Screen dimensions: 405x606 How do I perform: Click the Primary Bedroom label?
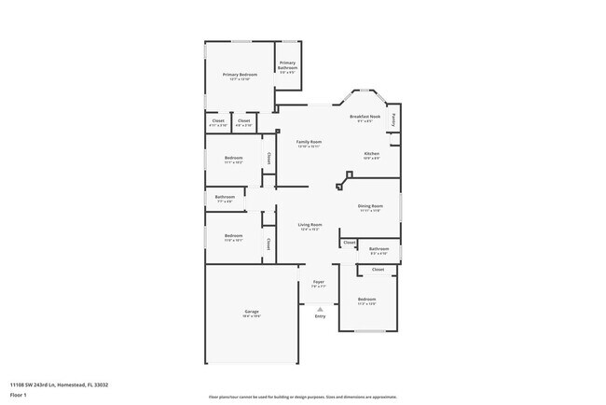(240, 74)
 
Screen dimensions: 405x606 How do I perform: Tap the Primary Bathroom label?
(288, 65)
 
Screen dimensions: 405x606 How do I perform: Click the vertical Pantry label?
(394, 119)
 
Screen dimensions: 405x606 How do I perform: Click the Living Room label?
(310, 225)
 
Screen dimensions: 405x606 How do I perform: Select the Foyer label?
(318, 281)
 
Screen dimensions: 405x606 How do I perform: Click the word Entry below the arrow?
(320, 316)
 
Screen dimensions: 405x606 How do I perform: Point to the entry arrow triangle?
(320, 308)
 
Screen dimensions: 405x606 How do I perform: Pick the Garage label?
(252, 311)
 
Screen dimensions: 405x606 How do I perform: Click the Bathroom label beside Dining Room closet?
(379, 248)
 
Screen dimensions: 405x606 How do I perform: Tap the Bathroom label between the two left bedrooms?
(225, 197)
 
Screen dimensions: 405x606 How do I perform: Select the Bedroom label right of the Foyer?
(366, 299)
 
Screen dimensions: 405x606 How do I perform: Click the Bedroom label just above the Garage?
(233, 235)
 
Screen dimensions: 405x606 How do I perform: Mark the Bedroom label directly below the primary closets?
(233, 158)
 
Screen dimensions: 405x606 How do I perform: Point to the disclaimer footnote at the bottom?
(302, 397)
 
